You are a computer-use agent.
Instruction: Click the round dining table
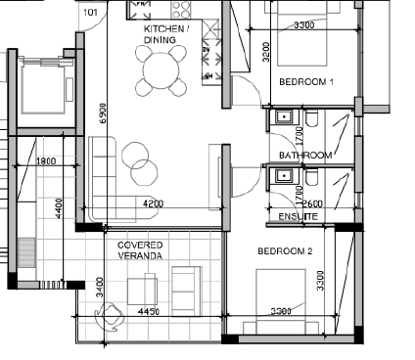161,70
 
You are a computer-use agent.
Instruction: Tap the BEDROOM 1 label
306,82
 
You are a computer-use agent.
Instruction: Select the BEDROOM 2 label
285,251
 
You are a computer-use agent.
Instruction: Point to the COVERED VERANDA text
140,250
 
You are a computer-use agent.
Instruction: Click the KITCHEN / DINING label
166,34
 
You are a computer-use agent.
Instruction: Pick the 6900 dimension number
103,113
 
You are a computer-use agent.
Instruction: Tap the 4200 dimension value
153,203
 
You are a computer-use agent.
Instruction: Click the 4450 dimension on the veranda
149,312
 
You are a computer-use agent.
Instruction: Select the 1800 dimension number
46,161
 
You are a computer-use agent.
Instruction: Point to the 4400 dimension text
59,208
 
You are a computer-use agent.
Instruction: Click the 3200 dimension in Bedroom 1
266,52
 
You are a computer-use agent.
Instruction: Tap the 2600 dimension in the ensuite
313,204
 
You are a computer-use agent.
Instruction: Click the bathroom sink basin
285,116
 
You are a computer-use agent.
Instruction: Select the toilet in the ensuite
311,177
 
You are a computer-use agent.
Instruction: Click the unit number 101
90,13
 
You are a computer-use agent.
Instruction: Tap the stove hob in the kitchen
181,9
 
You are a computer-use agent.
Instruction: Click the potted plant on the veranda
110,317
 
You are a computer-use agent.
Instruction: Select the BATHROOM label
305,156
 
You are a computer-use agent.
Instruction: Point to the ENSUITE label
299,217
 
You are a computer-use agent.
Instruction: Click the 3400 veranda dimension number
100,288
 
